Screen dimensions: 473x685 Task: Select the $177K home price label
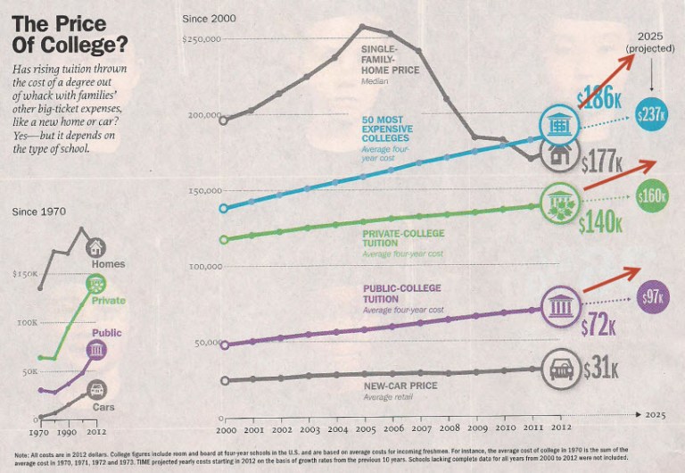point(602,162)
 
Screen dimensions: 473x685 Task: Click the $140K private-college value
point(599,222)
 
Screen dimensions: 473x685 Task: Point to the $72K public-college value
point(598,325)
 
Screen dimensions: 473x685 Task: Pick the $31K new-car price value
point(601,368)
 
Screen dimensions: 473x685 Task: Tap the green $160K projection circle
point(652,195)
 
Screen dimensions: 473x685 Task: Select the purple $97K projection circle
point(653,297)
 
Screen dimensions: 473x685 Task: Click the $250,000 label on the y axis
point(201,39)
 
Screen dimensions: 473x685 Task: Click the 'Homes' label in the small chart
point(107,264)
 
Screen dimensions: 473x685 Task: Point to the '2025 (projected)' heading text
point(650,41)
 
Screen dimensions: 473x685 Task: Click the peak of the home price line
point(361,26)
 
